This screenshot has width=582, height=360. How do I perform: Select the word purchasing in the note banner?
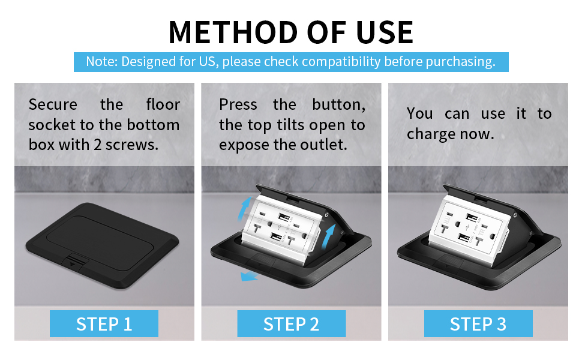[x=460, y=62]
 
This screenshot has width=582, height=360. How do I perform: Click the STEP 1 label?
[x=104, y=324]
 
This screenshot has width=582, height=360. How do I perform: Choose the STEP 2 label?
[x=291, y=324]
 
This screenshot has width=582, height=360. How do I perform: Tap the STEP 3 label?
[x=478, y=324]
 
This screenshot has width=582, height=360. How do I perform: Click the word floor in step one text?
[x=163, y=104]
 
